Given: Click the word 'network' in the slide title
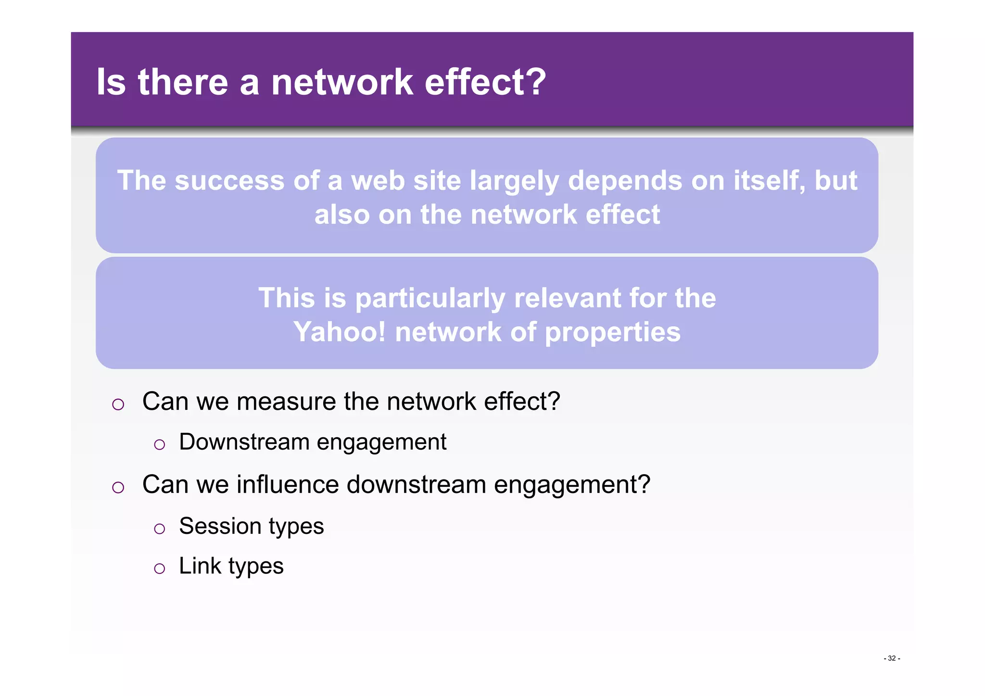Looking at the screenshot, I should [342, 82].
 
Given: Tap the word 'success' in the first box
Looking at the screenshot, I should [229, 181].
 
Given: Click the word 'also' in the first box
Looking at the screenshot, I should [341, 215].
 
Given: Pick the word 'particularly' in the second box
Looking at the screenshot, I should [430, 299].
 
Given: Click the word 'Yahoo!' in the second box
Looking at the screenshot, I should [340, 332].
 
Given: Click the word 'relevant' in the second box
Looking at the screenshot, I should [567, 298].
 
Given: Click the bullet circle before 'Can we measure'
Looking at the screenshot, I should [118, 405].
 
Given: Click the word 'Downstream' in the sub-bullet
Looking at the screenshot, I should [244, 442].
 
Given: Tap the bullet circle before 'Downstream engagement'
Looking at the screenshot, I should [159, 445].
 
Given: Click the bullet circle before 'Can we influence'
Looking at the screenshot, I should [118, 488].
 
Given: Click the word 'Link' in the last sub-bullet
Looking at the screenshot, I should [200, 566].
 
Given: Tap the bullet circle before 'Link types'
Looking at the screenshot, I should [159, 569].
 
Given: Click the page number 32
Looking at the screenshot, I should [892, 658].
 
